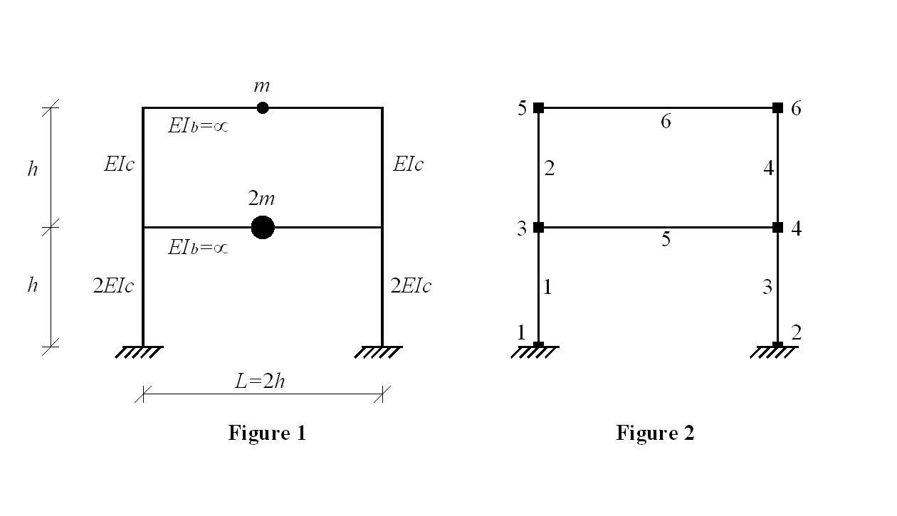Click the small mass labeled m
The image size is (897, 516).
tap(262, 107)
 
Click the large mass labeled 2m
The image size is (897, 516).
tap(263, 227)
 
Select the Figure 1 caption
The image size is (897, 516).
tap(267, 433)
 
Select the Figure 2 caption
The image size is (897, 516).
tap(655, 433)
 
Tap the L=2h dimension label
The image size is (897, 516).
tap(260, 381)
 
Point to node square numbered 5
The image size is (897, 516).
tap(539, 107)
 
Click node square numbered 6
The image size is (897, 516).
tap(777, 107)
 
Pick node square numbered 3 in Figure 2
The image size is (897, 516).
tap(539, 227)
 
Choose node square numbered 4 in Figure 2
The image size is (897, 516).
tap(777, 227)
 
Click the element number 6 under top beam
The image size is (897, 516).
tap(666, 121)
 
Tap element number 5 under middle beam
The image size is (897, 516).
tap(666, 239)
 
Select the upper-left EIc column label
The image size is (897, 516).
tap(119, 164)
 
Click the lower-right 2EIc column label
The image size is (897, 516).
tap(411, 286)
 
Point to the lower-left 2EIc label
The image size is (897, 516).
tap(113, 286)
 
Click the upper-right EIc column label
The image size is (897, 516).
tap(408, 164)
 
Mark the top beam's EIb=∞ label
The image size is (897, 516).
tap(198, 126)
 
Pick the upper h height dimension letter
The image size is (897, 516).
tap(33, 169)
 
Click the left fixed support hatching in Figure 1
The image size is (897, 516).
tap(139, 352)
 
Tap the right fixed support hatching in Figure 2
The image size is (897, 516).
tap(774, 352)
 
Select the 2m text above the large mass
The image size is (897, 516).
tap(261, 198)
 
